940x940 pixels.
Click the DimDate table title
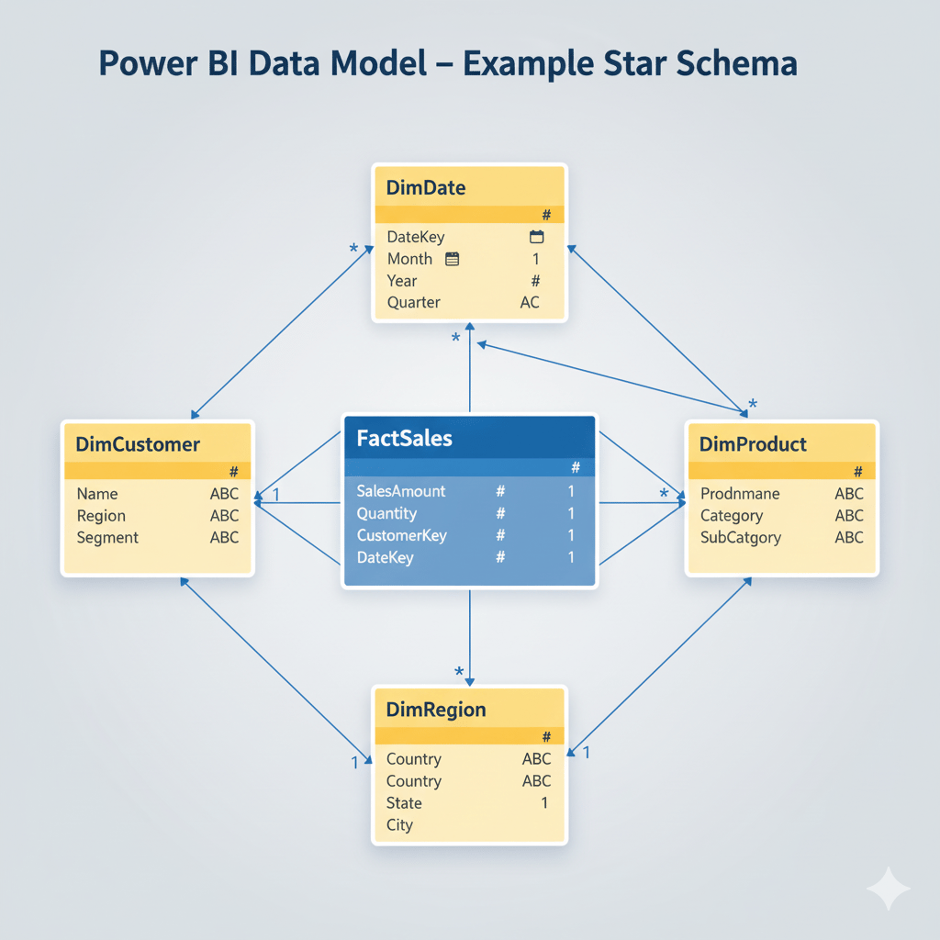tap(426, 188)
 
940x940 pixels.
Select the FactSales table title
tap(404, 438)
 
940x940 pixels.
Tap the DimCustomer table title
tap(138, 444)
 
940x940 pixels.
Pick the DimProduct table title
tap(753, 444)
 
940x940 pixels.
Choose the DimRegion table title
tap(436, 710)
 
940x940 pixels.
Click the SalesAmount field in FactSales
tap(401, 491)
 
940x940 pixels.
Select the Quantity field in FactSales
tap(386, 513)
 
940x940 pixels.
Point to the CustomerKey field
tap(401, 535)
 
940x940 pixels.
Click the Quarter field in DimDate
tap(413, 302)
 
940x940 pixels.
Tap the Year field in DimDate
tap(402, 281)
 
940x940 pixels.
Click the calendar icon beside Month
tap(452, 259)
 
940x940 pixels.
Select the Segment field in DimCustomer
tap(107, 538)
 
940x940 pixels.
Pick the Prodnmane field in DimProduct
tap(740, 494)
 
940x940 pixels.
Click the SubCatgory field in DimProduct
tap(741, 538)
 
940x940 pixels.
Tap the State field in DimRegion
tap(404, 803)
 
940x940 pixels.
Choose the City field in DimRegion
tap(399, 825)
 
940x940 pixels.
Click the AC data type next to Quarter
tap(530, 302)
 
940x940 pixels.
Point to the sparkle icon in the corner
tap(888, 889)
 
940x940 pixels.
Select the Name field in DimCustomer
tap(97, 494)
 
